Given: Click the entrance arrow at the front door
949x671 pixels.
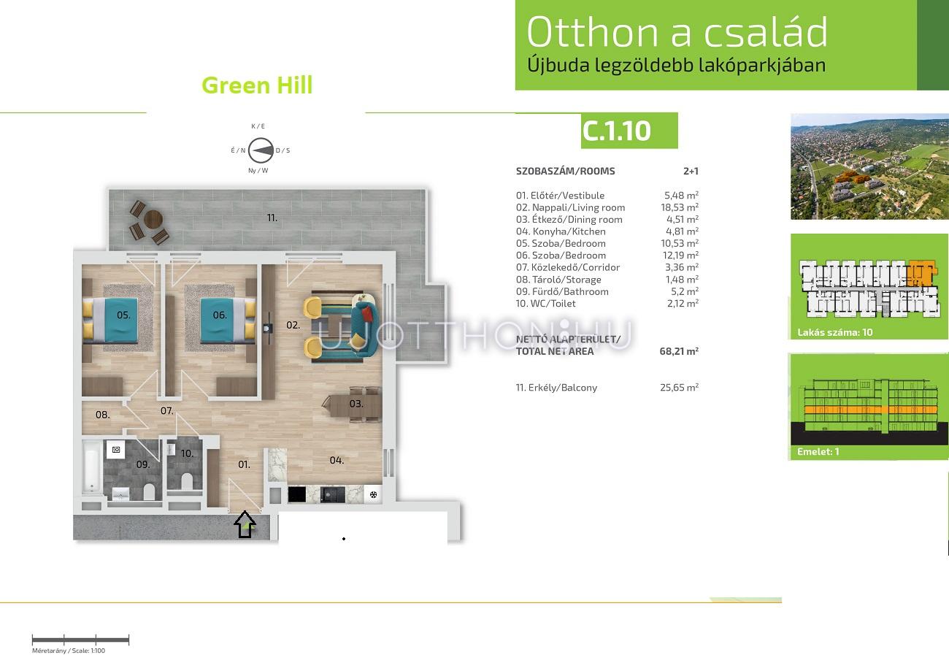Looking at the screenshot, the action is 245,524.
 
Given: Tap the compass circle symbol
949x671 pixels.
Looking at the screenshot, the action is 261,150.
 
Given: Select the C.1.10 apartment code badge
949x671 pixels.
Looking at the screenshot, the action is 629,131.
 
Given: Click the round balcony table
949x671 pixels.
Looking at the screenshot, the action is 153,219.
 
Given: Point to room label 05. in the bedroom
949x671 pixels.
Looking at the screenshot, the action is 123,315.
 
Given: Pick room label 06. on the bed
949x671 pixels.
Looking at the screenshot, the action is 220,315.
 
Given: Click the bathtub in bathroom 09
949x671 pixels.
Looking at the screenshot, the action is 92,468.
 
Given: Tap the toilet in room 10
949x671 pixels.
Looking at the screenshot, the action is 186,481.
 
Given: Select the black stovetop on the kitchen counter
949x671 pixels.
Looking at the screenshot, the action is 297,494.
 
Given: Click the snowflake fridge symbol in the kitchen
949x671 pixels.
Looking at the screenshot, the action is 373,494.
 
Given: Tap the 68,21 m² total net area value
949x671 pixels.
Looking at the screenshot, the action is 679,351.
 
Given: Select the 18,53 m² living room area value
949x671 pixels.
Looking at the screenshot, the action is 680,207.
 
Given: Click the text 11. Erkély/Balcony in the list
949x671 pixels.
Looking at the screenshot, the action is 556,388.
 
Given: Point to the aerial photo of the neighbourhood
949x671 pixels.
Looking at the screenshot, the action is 869,166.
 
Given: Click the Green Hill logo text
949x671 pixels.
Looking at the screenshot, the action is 257,85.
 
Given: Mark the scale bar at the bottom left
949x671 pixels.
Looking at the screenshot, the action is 80,640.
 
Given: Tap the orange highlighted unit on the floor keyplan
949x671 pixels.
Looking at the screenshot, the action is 923,274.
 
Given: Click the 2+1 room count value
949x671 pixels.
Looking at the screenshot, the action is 691,171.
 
